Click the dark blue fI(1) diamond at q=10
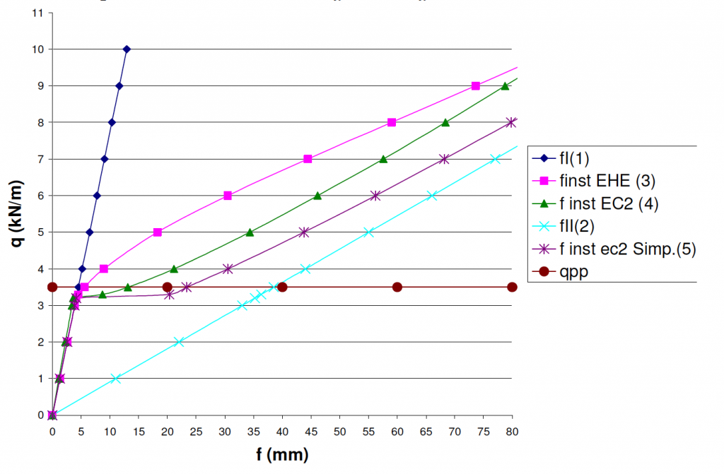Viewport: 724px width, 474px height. tap(127, 49)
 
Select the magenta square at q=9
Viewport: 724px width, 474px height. tap(476, 85)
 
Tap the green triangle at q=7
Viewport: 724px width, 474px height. tap(383, 159)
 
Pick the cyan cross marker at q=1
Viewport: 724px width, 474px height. tap(116, 379)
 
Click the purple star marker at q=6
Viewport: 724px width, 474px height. tap(375, 196)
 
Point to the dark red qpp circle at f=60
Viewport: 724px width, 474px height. tap(397, 287)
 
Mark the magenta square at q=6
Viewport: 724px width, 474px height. tap(228, 196)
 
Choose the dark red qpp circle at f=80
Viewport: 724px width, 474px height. tap(512, 287)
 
